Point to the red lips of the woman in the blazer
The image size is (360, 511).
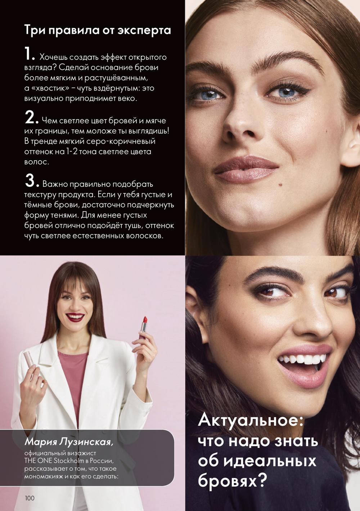click(75, 317)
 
